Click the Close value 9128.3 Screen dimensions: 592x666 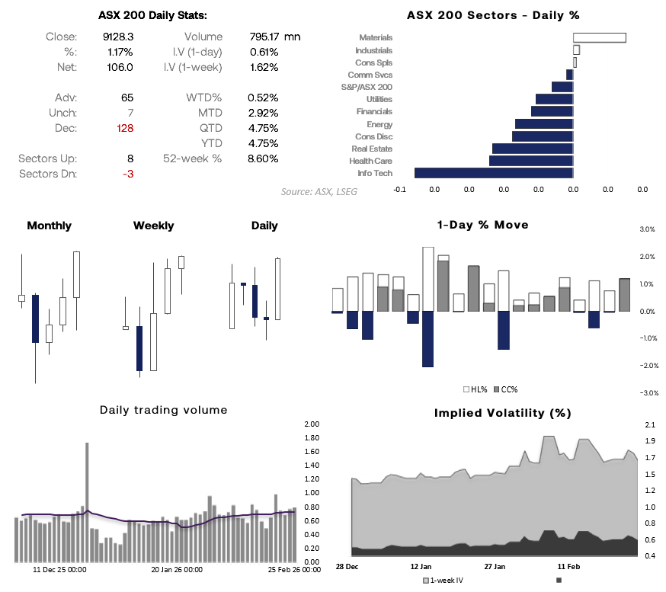click(117, 37)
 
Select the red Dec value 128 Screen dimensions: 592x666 click(124, 128)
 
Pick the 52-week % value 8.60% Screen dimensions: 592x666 click(263, 158)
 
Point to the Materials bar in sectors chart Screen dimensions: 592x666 click(599, 37)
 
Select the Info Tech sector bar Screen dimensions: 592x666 click(493, 173)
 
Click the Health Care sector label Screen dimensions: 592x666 click(371, 161)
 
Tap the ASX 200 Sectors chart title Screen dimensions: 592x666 click(493, 14)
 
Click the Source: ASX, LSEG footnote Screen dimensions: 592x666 click(319, 191)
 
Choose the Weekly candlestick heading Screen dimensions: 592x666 click(153, 226)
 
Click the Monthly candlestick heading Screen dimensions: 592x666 click(49, 226)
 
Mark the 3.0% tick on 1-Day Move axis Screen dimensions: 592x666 click(647, 229)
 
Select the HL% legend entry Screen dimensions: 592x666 click(476, 389)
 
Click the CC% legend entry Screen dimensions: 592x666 click(506, 389)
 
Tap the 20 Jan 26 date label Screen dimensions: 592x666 click(176, 569)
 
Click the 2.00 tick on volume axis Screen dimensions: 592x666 click(311, 424)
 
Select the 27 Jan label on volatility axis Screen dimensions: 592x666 click(495, 567)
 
